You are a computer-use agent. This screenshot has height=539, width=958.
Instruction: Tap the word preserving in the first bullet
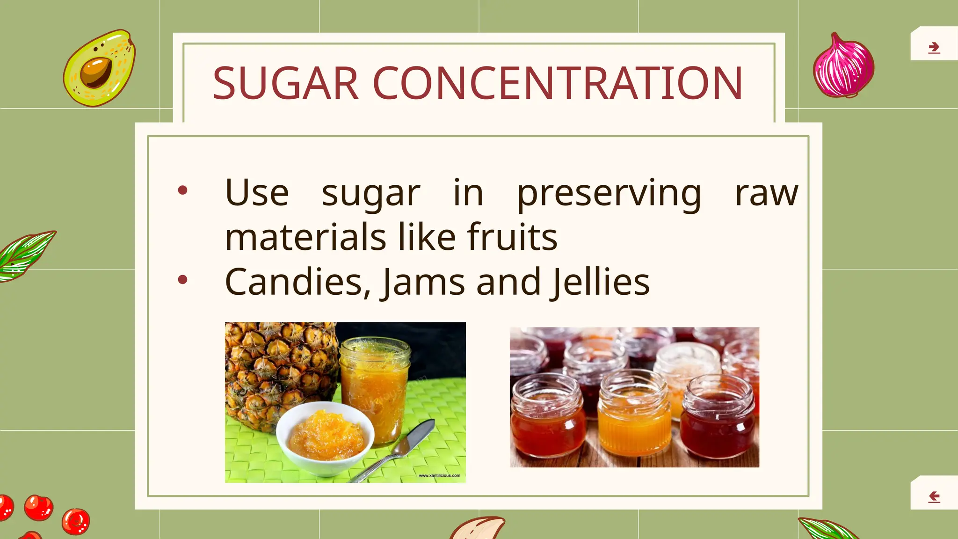[x=609, y=194]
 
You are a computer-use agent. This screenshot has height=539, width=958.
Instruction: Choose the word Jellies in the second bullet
[x=601, y=282]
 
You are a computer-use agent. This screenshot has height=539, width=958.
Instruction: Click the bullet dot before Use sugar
[x=183, y=190]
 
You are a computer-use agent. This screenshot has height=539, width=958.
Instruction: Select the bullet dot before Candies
[x=183, y=280]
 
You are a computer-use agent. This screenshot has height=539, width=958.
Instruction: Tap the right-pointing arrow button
[x=934, y=47]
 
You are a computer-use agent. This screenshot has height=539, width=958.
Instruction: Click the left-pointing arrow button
[x=934, y=496]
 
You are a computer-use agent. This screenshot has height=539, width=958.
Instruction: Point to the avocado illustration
[x=99, y=68]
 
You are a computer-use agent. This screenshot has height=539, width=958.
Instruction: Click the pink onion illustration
[x=843, y=66]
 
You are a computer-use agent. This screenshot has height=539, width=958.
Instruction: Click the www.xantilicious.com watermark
[x=439, y=475]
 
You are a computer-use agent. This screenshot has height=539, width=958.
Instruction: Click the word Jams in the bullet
[x=424, y=282]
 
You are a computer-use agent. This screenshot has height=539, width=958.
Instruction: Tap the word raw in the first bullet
[x=766, y=194]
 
